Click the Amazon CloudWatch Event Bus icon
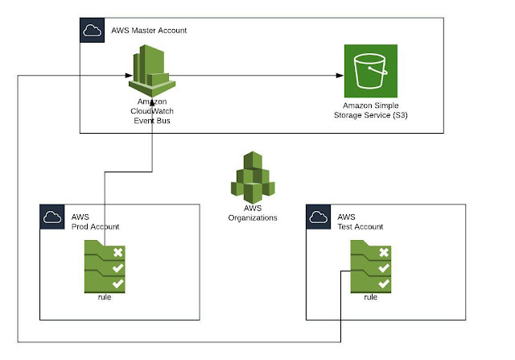(x=152, y=71)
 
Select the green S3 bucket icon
(x=371, y=71)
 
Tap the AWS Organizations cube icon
(x=253, y=177)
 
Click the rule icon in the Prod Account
(x=105, y=267)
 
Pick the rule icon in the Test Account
(x=371, y=267)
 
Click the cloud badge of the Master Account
(x=93, y=31)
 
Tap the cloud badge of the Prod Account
(x=52, y=217)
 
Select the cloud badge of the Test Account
(x=319, y=217)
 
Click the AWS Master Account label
(x=149, y=31)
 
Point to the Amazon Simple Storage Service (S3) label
(x=371, y=110)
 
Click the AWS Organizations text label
(x=253, y=213)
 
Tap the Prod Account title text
(x=95, y=222)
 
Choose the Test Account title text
(x=360, y=222)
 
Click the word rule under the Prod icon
(x=105, y=297)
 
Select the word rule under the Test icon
(x=370, y=297)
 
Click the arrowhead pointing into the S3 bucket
(x=340, y=75)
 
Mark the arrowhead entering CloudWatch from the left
(x=129, y=75)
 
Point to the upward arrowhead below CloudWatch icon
(x=152, y=103)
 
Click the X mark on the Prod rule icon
(x=118, y=253)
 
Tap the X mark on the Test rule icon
(x=384, y=253)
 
